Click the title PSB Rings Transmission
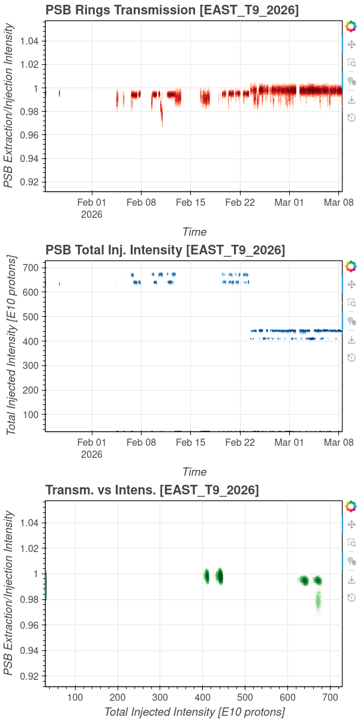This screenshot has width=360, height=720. click(x=121, y=10)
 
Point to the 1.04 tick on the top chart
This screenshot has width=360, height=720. click(x=29, y=41)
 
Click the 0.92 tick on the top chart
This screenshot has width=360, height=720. click(x=29, y=182)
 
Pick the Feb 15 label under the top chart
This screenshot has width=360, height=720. click(x=191, y=203)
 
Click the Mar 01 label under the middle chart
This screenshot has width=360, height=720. click(x=289, y=442)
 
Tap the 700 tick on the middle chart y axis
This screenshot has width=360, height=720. click(x=31, y=268)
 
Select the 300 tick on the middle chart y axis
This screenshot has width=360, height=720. click(x=31, y=365)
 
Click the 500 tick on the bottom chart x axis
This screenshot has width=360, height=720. click(x=245, y=697)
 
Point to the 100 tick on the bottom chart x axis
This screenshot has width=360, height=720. click(x=75, y=697)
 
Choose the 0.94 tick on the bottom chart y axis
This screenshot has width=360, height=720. click(x=29, y=650)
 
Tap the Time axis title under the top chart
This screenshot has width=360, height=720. click(x=194, y=232)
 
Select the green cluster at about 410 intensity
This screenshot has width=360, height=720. click(x=206, y=577)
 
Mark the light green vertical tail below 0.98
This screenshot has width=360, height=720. click(x=318, y=602)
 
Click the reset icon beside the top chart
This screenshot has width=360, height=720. click(x=352, y=118)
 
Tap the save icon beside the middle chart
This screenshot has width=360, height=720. click(x=352, y=340)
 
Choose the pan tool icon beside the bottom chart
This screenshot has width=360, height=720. click(x=352, y=524)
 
